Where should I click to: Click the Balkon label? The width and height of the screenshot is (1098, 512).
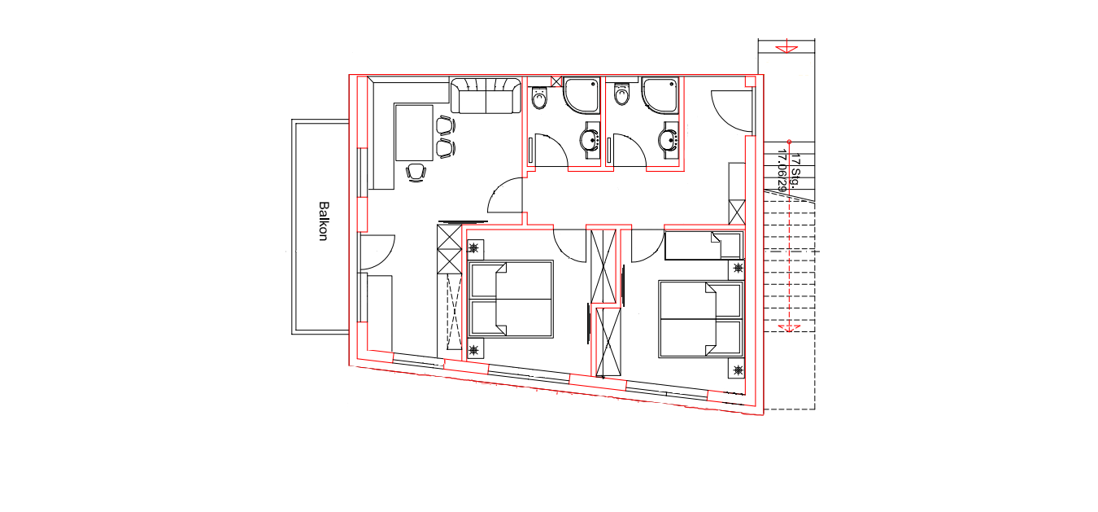(x=323, y=221)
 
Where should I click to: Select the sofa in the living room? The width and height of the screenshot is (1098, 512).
(x=486, y=95)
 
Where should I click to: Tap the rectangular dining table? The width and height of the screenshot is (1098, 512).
(x=414, y=133)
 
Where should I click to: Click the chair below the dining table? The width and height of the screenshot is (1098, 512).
(x=416, y=173)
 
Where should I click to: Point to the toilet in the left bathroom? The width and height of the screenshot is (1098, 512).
(x=539, y=98)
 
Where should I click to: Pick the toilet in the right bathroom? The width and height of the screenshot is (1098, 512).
(x=621, y=94)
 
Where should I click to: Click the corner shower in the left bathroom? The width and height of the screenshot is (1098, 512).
(x=582, y=95)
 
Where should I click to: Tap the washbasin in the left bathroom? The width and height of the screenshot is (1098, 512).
(x=590, y=141)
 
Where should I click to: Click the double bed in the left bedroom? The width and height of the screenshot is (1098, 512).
(x=511, y=300)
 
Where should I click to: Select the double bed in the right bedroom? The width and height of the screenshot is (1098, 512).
(x=700, y=319)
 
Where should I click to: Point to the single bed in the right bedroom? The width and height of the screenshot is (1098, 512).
(x=704, y=245)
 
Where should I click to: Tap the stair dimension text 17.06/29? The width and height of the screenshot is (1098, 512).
(x=782, y=170)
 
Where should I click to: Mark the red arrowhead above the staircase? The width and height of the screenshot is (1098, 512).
(x=786, y=49)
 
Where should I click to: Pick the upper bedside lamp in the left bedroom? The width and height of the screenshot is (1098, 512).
(x=473, y=248)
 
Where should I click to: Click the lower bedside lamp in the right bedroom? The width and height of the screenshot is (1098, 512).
(x=738, y=370)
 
